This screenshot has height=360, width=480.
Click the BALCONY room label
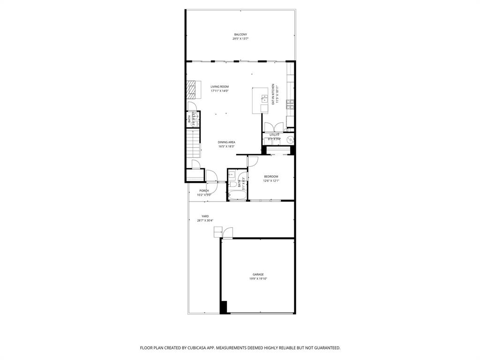tap(240, 34)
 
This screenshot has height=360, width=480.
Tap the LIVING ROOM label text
tap(219, 87)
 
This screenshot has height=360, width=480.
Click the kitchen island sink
tap(264, 99)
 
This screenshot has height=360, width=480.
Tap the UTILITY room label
tap(274, 135)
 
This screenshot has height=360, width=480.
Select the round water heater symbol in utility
tap(290, 139)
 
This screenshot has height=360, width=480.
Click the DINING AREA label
tap(226, 142)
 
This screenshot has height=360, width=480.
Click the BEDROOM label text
tap(271, 177)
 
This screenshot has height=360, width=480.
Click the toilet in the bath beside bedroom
tap(231, 175)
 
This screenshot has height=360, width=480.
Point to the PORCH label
tap(204, 190)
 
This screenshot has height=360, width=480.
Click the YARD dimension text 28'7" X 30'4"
tap(205, 220)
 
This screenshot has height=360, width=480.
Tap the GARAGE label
tap(258, 274)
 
